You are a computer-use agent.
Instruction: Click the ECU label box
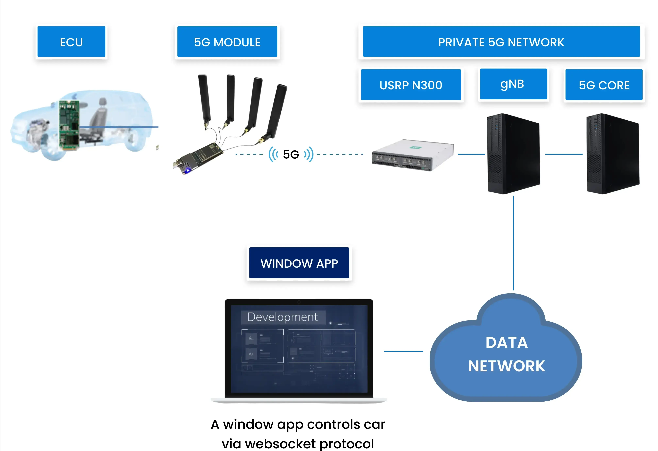pyautogui.click(x=71, y=42)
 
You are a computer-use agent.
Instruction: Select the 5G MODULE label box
pyautogui.click(x=227, y=42)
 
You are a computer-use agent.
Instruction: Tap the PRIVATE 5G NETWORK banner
pyautogui.click(x=501, y=42)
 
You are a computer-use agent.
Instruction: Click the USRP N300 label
pyautogui.click(x=411, y=85)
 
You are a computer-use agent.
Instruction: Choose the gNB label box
pyautogui.click(x=513, y=84)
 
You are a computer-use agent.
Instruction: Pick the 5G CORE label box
pyautogui.click(x=604, y=85)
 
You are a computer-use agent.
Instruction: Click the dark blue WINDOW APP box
pyautogui.click(x=299, y=263)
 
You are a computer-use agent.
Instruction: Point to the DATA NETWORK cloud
pyautogui.click(x=506, y=353)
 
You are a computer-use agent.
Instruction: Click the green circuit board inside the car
pyautogui.click(x=69, y=124)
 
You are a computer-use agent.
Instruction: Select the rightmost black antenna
pyautogui.click(x=276, y=110)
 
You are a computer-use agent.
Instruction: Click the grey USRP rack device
pyautogui.click(x=412, y=156)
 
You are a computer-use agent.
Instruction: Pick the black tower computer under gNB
pyautogui.click(x=513, y=154)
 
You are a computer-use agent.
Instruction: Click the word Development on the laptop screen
pyautogui.click(x=282, y=317)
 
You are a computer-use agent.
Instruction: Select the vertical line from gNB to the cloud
pyautogui.click(x=513, y=243)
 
